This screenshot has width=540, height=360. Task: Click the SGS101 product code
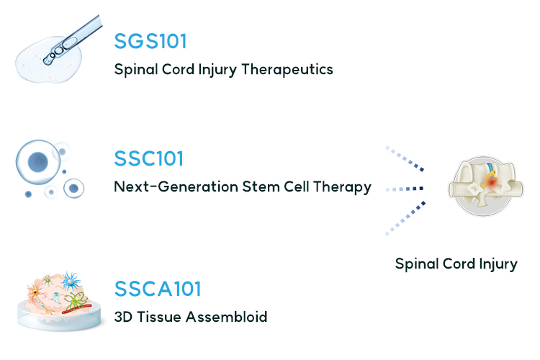pyautogui.click(x=150, y=41)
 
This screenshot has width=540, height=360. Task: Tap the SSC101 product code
pyautogui.click(x=149, y=158)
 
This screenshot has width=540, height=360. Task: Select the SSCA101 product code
pyautogui.click(x=158, y=289)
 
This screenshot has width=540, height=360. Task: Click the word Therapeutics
pyautogui.click(x=287, y=69)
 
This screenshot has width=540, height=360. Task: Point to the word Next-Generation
pyautogui.click(x=176, y=186)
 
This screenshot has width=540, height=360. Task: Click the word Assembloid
pyautogui.click(x=226, y=317)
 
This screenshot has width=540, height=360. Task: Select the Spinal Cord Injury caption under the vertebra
pyautogui.click(x=456, y=264)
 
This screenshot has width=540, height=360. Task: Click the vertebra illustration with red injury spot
pyautogui.click(x=485, y=186)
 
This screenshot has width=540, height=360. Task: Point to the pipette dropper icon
pyautogui.click(x=73, y=40)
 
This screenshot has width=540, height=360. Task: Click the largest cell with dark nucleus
pyautogui.click(x=38, y=162)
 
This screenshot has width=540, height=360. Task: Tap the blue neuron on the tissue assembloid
pyautogui.click(x=71, y=281)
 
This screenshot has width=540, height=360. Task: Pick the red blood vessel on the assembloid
pyautogui.click(x=76, y=309)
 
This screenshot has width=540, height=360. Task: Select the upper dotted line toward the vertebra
pyautogui.click(x=405, y=158)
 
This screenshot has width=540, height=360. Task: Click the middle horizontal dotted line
pyautogui.click(x=405, y=189)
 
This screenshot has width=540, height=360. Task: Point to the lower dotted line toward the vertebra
pyautogui.click(x=405, y=219)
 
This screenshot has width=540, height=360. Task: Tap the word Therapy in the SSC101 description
pyautogui.click(x=342, y=187)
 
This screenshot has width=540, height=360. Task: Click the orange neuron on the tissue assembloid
pyautogui.click(x=35, y=293)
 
